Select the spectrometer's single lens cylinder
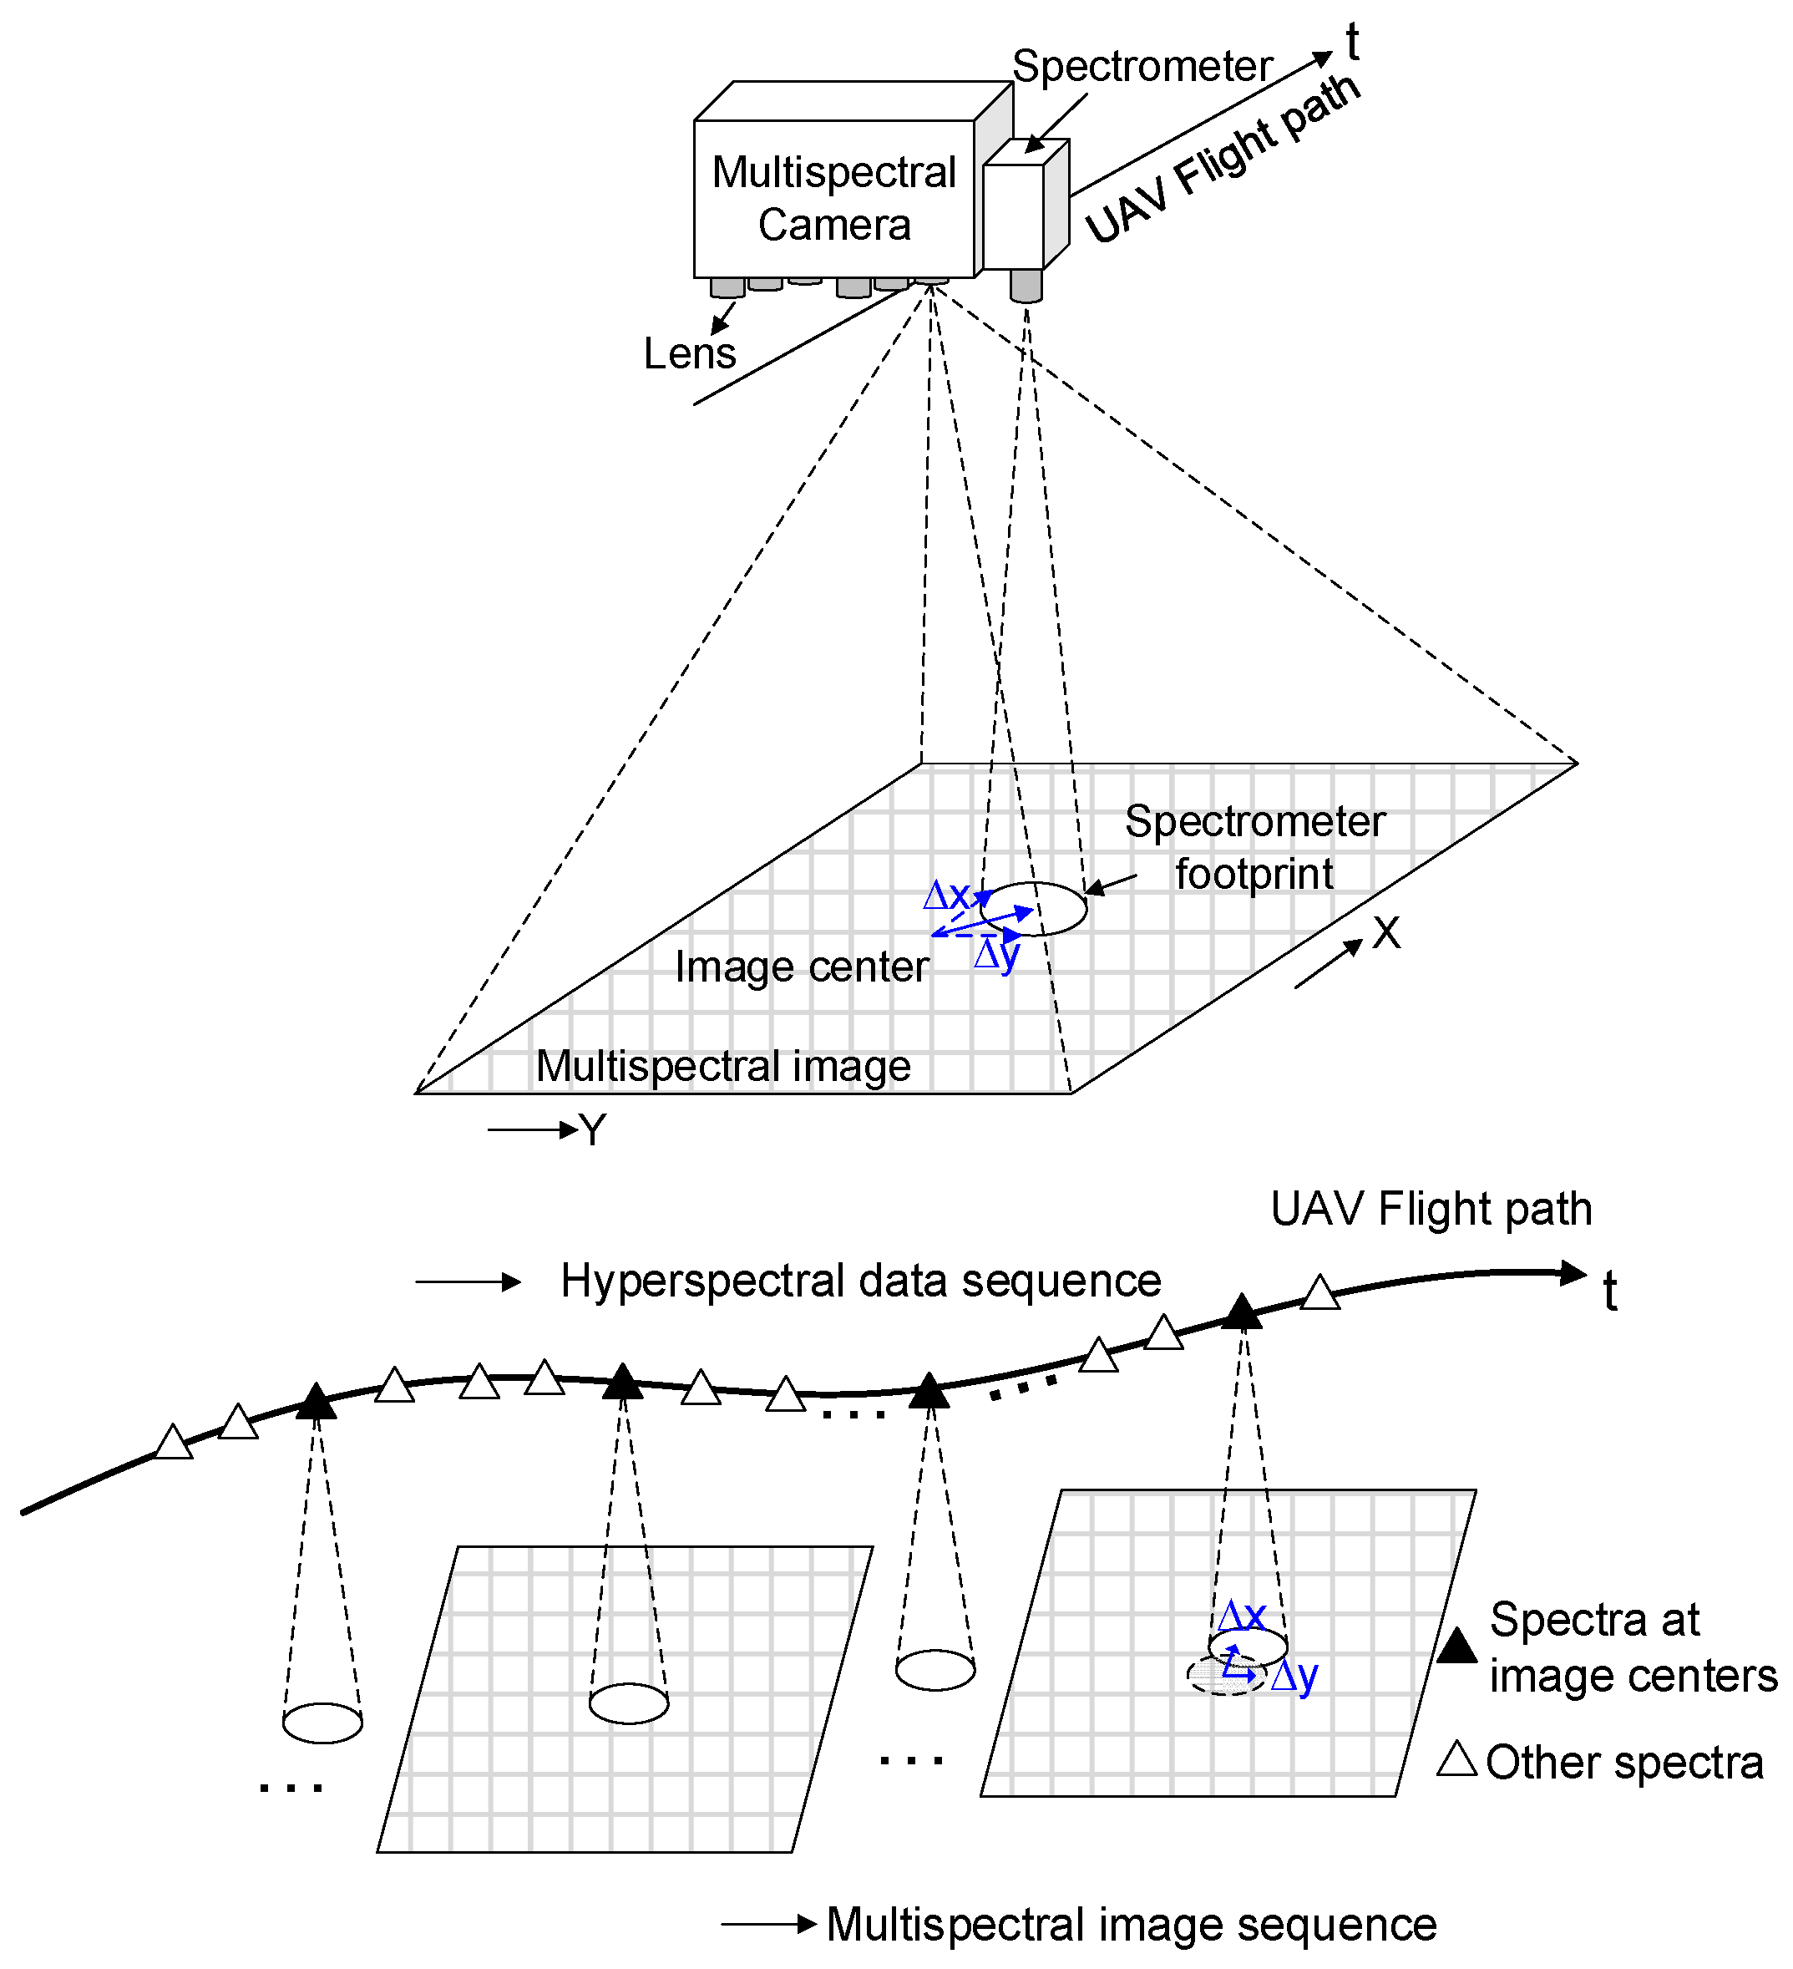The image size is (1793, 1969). pyautogui.click(x=1026, y=285)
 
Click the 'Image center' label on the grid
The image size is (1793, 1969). pyautogui.click(x=801, y=967)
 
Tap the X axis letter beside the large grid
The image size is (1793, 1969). pyautogui.click(x=1385, y=933)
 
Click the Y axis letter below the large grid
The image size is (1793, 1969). pyautogui.click(x=593, y=1130)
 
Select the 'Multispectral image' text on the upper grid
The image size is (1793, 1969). pyautogui.click(x=722, y=1066)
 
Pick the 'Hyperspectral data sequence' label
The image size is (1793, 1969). pyautogui.click(x=860, y=1281)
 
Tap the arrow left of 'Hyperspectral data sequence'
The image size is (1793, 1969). pyautogui.click(x=468, y=1281)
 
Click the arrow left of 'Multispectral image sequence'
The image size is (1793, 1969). pyautogui.click(x=768, y=1924)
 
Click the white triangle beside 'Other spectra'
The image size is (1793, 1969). pyautogui.click(x=1456, y=1759)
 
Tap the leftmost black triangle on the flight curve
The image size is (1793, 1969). pyautogui.click(x=316, y=1403)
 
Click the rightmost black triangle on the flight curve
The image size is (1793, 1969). pyautogui.click(x=1241, y=1312)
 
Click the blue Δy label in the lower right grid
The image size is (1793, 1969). pyautogui.click(x=1295, y=1676)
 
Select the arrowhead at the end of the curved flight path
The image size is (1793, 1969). pyautogui.click(x=1573, y=1272)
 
